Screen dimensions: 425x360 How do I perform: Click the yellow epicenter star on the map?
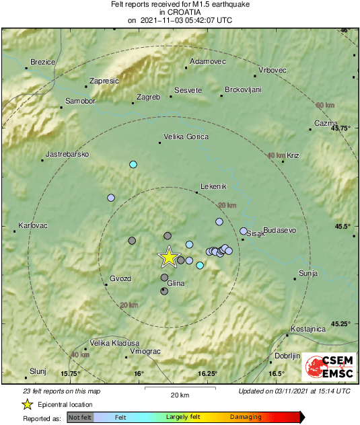point(169,256)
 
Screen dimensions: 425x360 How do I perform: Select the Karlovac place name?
point(33,225)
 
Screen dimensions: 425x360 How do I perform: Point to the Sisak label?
point(256,234)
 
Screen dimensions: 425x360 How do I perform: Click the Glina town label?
point(175,283)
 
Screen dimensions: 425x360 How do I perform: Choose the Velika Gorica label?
point(186,137)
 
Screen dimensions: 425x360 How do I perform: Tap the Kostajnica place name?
point(308,329)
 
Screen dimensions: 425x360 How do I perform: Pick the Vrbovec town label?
point(273,71)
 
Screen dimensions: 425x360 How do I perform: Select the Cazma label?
point(325,123)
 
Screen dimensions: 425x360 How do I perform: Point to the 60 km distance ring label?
point(325,106)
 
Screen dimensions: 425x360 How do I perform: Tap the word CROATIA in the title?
point(180,12)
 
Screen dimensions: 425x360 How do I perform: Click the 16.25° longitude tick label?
point(208,374)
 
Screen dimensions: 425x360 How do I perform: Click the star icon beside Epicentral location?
point(28,404)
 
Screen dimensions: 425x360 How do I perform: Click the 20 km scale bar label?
point(179,395)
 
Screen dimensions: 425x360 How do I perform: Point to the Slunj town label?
point(37,371)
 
